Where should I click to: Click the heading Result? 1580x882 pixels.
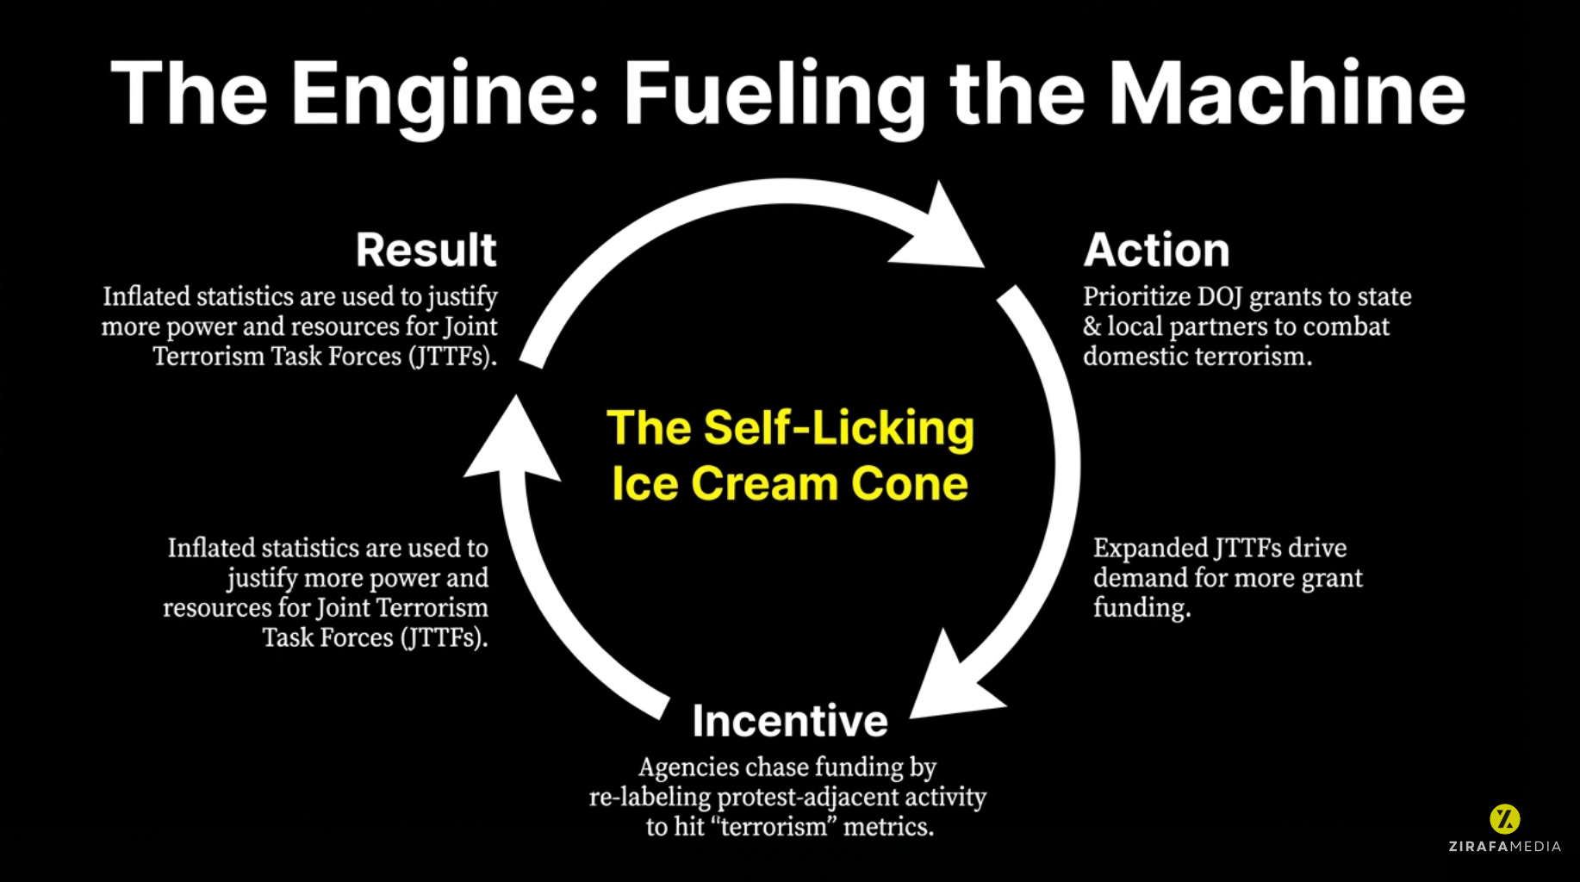426,251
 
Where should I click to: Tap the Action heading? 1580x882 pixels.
1156,251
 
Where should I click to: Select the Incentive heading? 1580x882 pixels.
790,721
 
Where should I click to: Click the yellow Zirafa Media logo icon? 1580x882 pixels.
1504,818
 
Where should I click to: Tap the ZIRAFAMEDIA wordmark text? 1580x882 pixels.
1504,847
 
